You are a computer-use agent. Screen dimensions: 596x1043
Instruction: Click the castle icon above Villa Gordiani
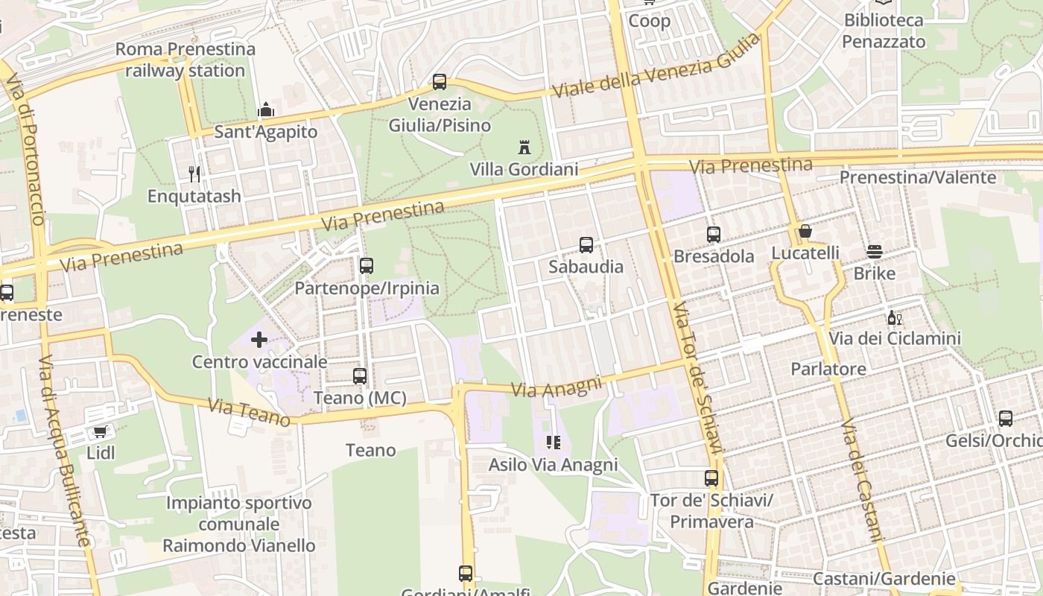[x=524, y=147]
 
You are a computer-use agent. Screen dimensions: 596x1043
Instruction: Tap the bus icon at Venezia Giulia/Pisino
[x=440, y=82]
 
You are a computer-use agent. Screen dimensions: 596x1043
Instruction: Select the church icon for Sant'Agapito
[x=266, y=110]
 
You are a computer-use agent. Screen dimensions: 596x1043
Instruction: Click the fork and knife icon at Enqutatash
[x=194, y=174]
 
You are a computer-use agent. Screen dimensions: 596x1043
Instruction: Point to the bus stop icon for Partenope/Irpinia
[x=366, y=266]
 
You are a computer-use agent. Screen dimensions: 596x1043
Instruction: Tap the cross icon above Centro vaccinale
[x=259, y=340]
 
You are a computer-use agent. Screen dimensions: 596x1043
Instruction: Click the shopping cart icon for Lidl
[x=101, y=431]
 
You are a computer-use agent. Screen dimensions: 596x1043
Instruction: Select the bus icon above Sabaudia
[x=586, y=244]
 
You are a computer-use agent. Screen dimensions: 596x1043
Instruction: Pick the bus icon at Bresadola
[x=714, y=235]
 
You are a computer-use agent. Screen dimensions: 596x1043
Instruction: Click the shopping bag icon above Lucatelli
[x=805, y=232]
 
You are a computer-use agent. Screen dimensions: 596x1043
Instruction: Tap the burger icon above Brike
[x=875, y=252]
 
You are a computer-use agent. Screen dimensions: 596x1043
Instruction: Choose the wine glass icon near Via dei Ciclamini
[x=894, y=317]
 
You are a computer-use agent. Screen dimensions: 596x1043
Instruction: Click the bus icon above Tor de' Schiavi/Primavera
[x=711, y=478]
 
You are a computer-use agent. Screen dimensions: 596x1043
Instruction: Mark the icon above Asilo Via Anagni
[x=553, y=443]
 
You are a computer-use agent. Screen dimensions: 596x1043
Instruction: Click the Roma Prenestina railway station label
[x=186, y=60]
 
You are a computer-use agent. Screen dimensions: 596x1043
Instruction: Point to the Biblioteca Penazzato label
[x=884, y=31]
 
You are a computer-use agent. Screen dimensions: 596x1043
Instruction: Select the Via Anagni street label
[x=557, y=386]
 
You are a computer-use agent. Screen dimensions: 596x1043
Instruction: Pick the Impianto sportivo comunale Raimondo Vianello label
[x=238, y=524]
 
